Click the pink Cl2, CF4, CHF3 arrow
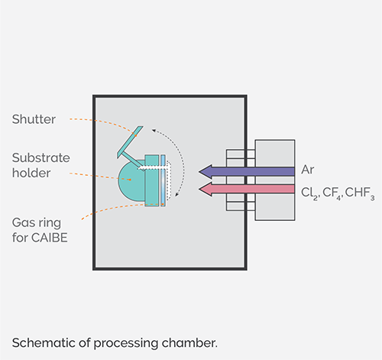[x=252, y=189]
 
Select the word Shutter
[x=34, y=120]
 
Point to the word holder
[x=30, y=173]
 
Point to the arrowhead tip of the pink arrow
[x=199, y=189]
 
